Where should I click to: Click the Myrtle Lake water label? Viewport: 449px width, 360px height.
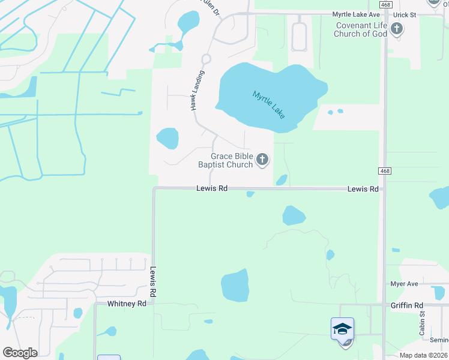click(268, 103)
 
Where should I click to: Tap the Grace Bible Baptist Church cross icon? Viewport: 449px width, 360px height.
click(262, 160)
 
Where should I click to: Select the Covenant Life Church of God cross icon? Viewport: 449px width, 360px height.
click(396, 28)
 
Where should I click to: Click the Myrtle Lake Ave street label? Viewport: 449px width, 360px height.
click(358, 14)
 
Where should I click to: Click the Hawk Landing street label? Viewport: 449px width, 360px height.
click(197, 90)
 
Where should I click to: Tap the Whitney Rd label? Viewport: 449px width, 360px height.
click(127, 304)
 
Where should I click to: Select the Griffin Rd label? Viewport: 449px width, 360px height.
click(406, 305)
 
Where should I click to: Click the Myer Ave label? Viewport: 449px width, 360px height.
click(403, 284)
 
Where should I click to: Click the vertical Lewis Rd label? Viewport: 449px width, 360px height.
click(153, 283)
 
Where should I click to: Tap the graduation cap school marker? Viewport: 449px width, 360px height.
click(342, 329)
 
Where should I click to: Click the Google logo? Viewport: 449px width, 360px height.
click(20, 353)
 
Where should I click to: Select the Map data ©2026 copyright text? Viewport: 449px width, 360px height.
click(424, 355)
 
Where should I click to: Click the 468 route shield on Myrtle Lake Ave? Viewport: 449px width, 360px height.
click(385, 4)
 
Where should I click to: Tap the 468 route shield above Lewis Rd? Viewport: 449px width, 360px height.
click(385, 171)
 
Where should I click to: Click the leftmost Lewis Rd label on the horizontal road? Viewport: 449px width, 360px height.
click(212, 188)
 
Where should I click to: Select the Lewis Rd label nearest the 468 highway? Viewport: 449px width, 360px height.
click(363, 189)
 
